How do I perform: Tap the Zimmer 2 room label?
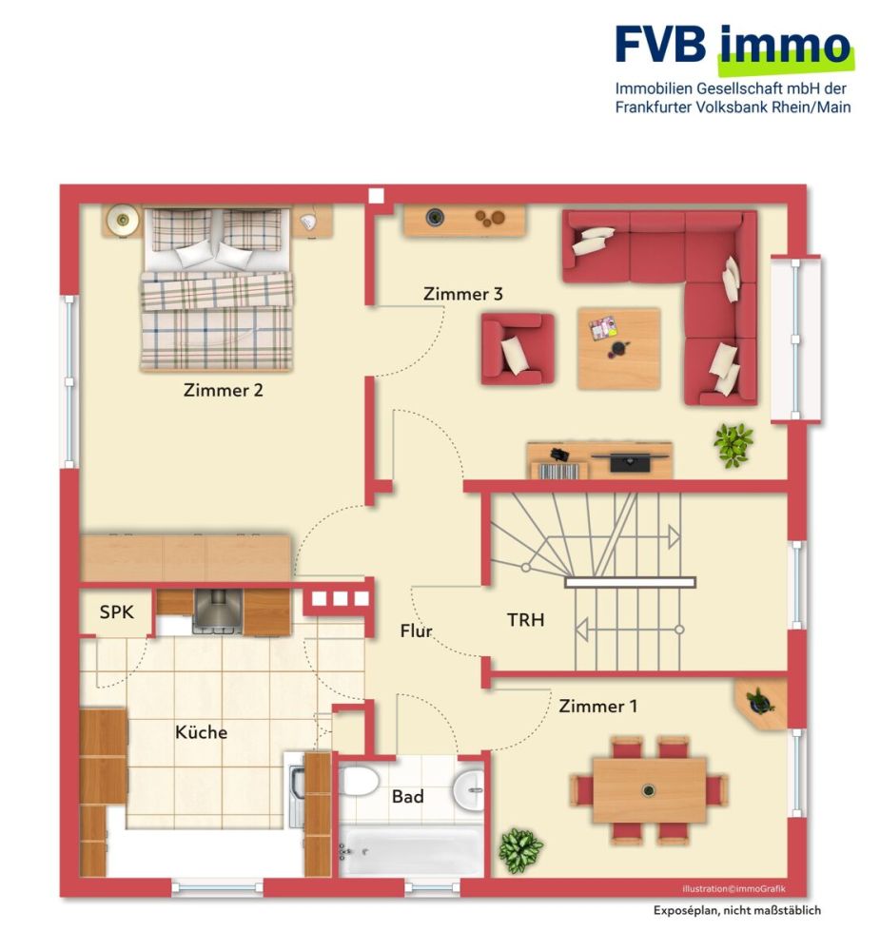(224, 389)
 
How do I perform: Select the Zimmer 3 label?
(462, 295)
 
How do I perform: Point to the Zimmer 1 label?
(597, 707)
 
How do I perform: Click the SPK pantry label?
(117, 614)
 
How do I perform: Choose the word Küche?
(201, 732)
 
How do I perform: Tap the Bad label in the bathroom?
(407, 797)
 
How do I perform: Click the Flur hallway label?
(416, 631)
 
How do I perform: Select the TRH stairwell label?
(525, 620)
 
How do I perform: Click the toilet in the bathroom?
(360, 782)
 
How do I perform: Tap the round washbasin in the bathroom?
(468, 788)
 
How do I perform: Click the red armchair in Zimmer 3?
(517, 349)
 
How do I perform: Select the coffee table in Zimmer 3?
(618, 347)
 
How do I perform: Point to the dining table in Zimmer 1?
(649, 790)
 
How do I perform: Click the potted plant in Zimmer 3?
(733, 444)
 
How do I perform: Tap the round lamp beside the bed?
(122, 221)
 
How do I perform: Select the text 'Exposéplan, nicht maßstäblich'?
(736, 910)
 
